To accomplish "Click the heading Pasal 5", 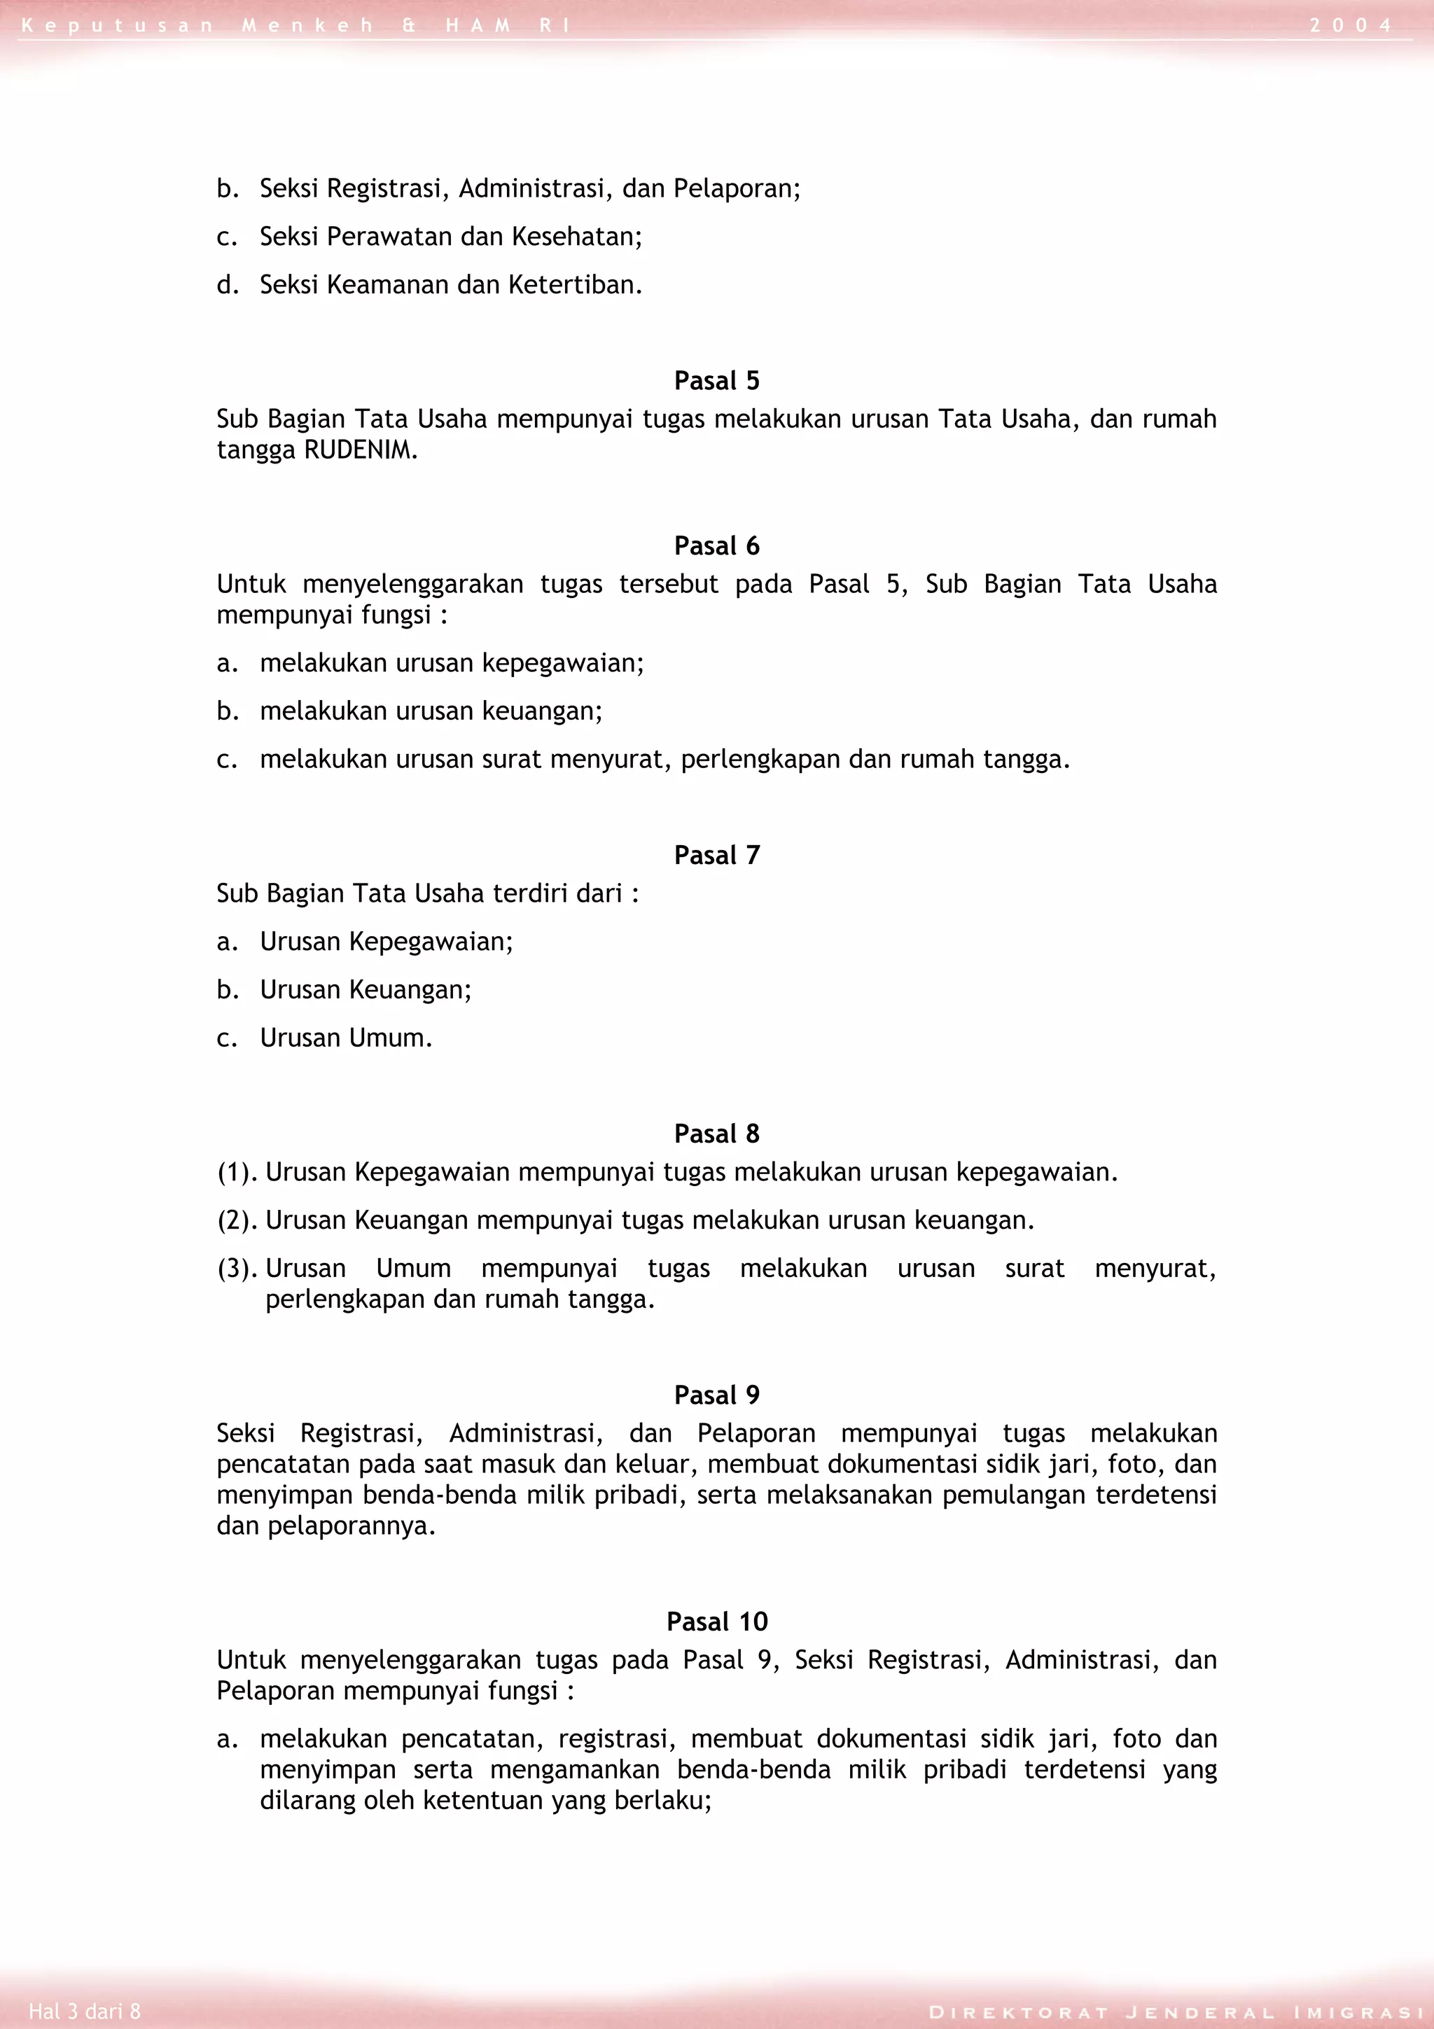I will click(716, 381).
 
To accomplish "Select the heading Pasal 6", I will click(716, 546).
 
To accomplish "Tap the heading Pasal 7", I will click(716, 856).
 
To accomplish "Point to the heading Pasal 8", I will click(716, 1134).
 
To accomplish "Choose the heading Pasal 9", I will click(716, 1395).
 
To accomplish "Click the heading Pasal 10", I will click(716, 1622).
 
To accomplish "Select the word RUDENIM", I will click(361, 449).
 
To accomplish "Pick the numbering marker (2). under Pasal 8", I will click(237, 1220).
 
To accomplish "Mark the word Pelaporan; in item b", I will click(736, 189).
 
